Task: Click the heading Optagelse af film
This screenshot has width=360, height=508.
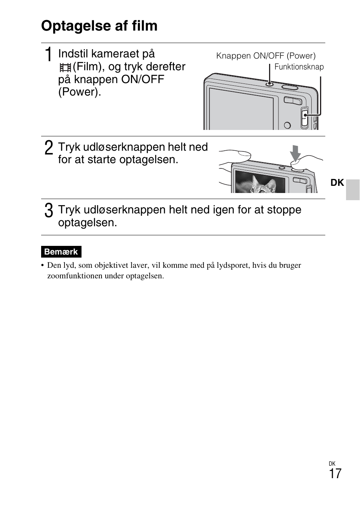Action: point(99,26)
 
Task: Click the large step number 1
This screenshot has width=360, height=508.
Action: point(48,55)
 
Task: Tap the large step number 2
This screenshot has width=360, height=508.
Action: point(48,148)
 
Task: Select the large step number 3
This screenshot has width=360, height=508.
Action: point(48,210)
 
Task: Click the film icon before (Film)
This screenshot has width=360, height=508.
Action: point(65,68)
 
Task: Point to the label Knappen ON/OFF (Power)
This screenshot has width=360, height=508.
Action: point(266,56)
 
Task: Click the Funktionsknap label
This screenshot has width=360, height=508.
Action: point(299,67)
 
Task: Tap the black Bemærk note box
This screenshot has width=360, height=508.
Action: point(61,252)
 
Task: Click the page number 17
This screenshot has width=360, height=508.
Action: point(335,474)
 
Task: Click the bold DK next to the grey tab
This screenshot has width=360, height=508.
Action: point(337,183)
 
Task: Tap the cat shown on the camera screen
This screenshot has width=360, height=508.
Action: point(260,185)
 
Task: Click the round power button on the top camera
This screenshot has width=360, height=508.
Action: point(269,83)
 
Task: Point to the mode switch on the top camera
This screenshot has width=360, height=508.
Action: point(304,117)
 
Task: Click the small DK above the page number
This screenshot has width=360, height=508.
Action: point(332,464)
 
